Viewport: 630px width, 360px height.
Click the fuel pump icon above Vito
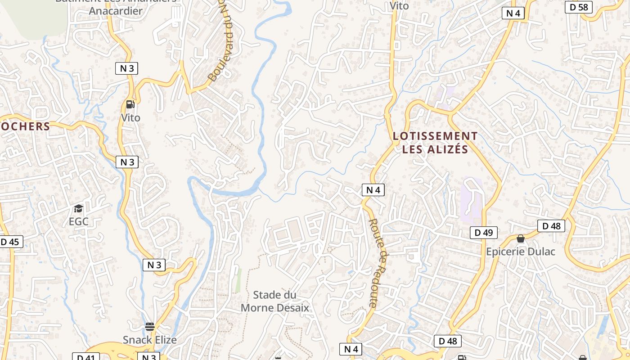point(130,104)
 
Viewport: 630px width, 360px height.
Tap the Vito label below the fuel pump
point(130,118)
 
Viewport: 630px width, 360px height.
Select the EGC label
point(78,221)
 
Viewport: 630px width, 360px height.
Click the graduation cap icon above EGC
point(79,208)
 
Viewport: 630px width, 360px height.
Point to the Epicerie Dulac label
point(521,252)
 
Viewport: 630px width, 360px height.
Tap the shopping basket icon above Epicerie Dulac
point(521,238)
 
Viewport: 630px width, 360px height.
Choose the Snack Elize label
point(150,339)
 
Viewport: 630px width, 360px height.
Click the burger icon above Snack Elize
point(150,326)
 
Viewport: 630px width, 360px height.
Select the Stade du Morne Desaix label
point(275,301)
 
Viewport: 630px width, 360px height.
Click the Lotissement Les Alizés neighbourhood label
point(435,142)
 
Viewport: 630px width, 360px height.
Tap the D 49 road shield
point(484,233)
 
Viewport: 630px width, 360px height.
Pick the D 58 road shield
point(579,7)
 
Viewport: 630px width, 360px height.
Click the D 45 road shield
point(10,242)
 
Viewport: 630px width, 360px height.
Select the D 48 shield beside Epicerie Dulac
point(551,226)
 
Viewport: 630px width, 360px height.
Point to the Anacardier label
point(116,11)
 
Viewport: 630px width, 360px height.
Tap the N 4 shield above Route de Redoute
point(373,190)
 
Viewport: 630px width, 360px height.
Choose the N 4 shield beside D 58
point(513,13)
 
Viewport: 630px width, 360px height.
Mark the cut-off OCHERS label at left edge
point(25,126)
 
